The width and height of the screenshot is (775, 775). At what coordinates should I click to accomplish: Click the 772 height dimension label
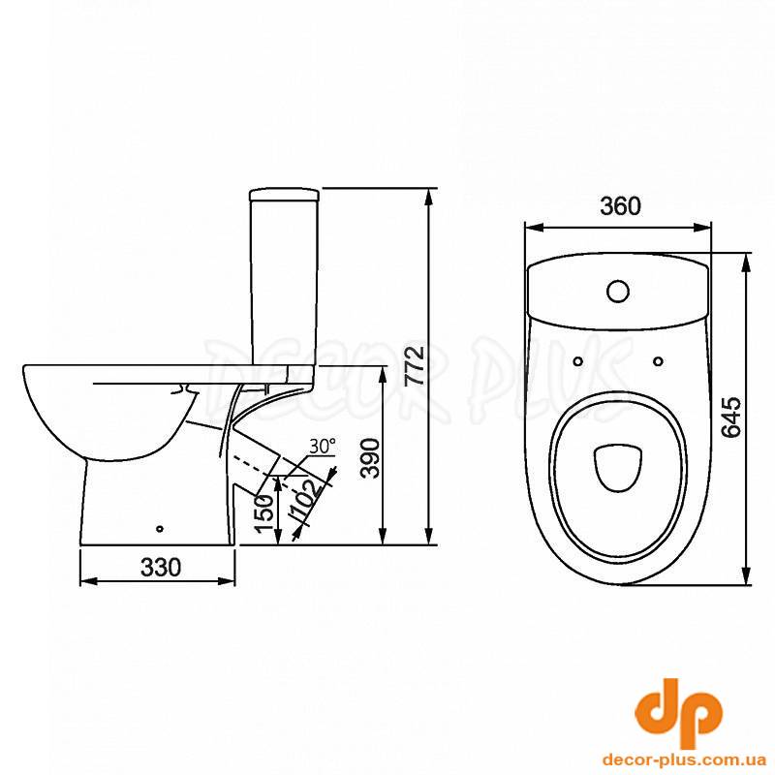[415, 366]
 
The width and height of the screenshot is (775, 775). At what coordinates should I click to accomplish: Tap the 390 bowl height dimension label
[370, 458]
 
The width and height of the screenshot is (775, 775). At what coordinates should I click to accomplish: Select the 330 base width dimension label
[161, 568]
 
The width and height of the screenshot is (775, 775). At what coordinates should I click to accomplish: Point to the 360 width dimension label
[620, 205]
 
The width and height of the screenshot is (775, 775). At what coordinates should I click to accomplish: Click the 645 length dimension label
[730, 417]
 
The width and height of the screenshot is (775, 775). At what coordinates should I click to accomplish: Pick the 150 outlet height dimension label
[264, 513]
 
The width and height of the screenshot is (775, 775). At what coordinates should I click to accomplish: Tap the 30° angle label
[323, 446]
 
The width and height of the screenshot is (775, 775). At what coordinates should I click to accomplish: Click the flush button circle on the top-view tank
[618, 292]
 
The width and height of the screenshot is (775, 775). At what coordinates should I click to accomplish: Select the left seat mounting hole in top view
[577, 361]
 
